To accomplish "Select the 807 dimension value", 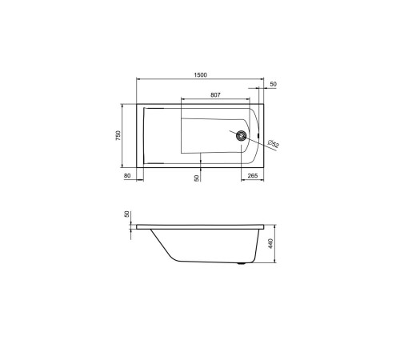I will (215, 94).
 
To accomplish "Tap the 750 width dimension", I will (118, 135).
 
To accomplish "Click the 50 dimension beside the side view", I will (126, 216).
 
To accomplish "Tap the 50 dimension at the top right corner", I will (273, 84).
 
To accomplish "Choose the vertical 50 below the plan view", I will (197, 178).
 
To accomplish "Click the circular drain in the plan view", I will (241, 135).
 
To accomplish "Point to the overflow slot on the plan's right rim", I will (258, 135).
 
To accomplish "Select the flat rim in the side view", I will (200, 226).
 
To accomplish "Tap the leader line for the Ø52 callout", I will (256, 140).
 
